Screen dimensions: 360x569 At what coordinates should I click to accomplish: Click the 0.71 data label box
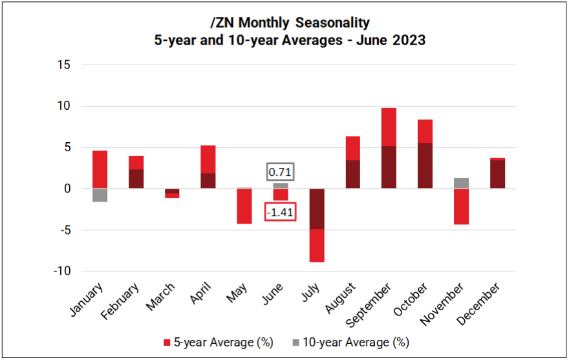tap(281, 172)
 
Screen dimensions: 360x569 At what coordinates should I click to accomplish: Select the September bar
tap(389, 148)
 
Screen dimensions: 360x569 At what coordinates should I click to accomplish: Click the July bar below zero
tap(316, 225)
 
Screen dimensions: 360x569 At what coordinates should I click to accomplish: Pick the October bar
tap(425, 154)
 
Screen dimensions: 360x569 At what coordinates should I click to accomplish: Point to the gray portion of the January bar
tap(100, 195)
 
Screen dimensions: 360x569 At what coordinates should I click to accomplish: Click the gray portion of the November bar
tap(461, 183)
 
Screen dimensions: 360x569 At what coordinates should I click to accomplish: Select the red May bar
tap(244, 206)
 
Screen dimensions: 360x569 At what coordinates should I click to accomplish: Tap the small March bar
tap(172, 193)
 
